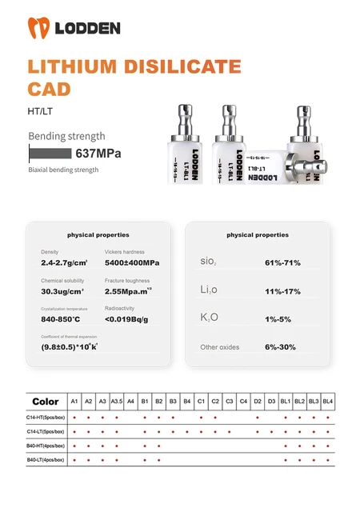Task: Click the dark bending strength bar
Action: pos(50,154)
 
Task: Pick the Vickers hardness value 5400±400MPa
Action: pos(132,262)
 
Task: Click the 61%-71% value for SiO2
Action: pos(282,262)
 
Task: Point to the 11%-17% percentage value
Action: pos(282,291)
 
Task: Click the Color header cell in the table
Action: pos(46,401)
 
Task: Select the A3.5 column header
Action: pos(116,401)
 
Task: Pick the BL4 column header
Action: pos(328,401)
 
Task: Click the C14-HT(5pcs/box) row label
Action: pos(46,417)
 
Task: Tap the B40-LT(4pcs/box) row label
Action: pos(46,461)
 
